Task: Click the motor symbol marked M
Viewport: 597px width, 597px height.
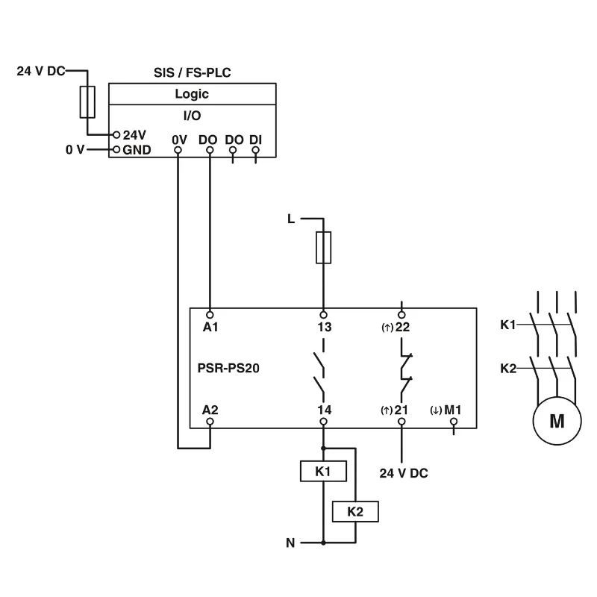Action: [557, 420]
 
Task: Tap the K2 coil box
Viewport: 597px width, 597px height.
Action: [354, 511]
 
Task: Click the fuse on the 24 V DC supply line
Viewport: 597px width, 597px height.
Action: [87, 101]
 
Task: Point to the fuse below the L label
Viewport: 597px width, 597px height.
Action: [323, 247]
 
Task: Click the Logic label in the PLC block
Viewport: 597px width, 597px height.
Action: [192, 94]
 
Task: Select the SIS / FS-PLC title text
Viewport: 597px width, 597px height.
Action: [192, 73]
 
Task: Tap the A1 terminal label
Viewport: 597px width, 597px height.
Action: [210, 326]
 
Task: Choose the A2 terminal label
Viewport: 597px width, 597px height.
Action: [210, 409]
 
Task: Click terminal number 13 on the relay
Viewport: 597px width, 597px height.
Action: [323, 326]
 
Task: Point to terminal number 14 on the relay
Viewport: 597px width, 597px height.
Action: [323, 409]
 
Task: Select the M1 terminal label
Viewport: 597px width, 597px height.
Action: [454, 409]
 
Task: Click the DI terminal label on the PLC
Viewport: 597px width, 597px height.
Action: [255, 139]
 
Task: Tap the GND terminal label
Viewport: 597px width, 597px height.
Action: [137, 149]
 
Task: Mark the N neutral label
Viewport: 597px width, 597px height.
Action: [290, 543]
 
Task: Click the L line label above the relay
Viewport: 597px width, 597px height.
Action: [291, 219]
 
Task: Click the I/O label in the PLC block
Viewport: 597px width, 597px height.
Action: [192, 116]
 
